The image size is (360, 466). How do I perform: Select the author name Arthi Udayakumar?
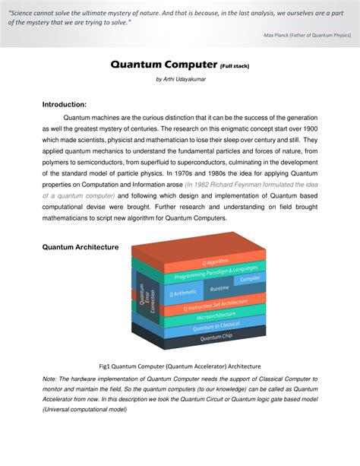click(x=180, y=79)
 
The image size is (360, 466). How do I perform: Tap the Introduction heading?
click(x=65, y=104)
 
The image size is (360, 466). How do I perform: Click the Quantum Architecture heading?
click(x=81, y=247)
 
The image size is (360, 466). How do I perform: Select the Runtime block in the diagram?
click(x=219, y=289)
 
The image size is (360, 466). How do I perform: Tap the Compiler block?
click(x=250, y=279)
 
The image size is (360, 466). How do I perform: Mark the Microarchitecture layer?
click(x=216, y=315)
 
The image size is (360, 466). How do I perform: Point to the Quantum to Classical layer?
click(x=216, y=325)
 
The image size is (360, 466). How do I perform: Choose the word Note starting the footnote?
click(x=51, y=379)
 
